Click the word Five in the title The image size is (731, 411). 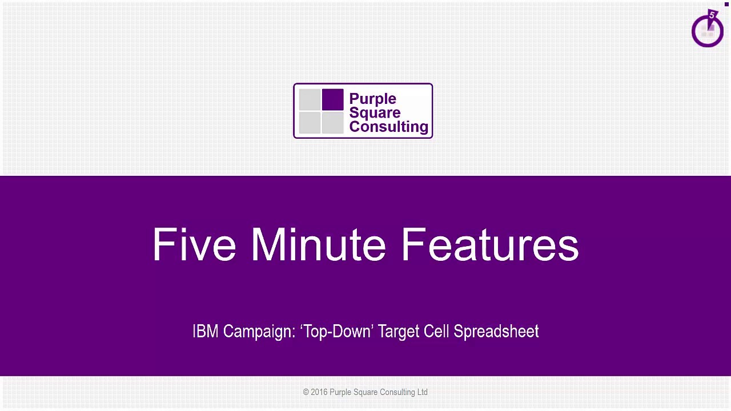[194, 245]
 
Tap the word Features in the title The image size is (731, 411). [490, 245]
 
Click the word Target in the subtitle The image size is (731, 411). [399, 332]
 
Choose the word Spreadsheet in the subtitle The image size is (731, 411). [496, 332]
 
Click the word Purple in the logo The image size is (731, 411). [372, 99]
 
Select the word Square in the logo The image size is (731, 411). [375, 112]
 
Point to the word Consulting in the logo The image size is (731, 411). [388, 127]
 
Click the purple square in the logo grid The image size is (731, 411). [332, 100]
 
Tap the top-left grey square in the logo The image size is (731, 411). [310, 100]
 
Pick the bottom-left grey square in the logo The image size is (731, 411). [310, 122]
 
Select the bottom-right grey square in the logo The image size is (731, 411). [332, 122]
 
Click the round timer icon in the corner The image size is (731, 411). [707, 30]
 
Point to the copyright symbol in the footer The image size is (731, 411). [306, 392]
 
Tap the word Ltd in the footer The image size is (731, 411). [422, 392]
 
